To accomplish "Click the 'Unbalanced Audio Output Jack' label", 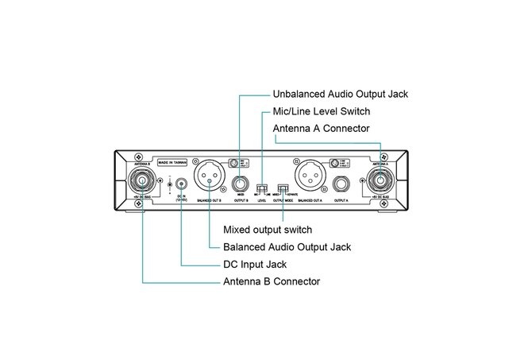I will [340, 94].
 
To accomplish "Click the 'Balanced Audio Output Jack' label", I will [287, 247].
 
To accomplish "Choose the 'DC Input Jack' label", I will [254, 264].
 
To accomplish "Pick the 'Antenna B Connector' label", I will [272, 281].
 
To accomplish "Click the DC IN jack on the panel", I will [182, 184].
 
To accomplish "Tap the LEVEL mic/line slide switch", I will [261, 190].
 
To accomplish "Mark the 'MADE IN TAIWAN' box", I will [172, 162].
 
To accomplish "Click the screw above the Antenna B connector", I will [139, 155].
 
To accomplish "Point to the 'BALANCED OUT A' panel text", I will [310, 202].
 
